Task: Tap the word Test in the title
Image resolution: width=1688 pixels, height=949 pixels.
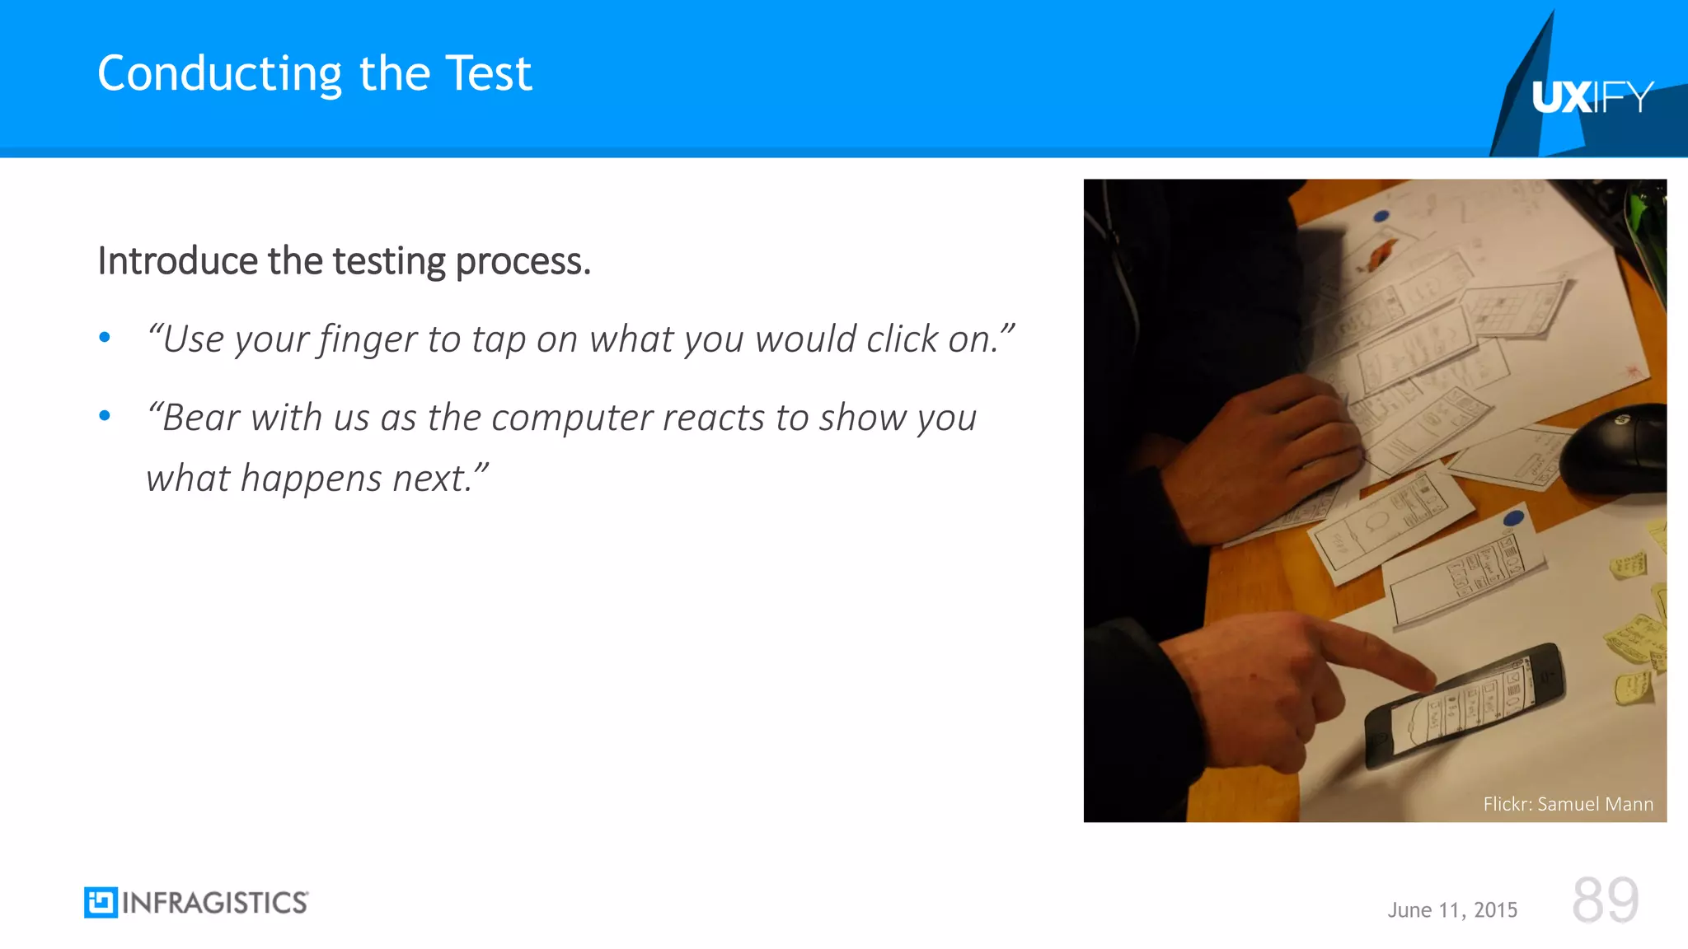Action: (489, 74)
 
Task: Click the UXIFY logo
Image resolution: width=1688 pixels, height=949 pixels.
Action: (1592, 97)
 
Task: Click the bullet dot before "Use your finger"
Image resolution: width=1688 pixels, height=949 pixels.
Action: (105, 337)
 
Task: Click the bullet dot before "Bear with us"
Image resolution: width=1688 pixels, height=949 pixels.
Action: (105, 415)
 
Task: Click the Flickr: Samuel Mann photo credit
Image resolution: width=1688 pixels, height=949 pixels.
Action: (1568, 804)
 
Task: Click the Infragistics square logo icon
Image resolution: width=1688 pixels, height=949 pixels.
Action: (101, 903)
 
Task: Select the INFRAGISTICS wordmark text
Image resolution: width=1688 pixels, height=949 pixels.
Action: (215, 903)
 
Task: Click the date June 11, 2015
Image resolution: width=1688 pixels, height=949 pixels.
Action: (1452, 910)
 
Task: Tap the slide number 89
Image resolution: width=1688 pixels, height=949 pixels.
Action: (1605, 900)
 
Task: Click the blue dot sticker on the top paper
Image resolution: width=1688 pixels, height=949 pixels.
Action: (1381, 217)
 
